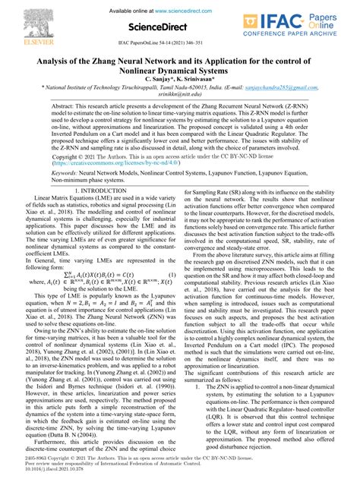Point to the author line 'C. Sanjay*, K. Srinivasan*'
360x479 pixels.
pyautogui.click(x=179, y=91)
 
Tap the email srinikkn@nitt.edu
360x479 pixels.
pyautogui.click(x=180, y=108)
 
